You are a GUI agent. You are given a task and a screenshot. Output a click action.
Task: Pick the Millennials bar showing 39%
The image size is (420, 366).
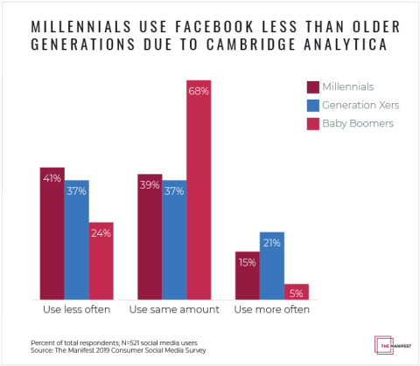click(150, 237)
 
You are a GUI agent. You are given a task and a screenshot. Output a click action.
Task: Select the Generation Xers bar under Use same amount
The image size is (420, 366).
click(174, 240)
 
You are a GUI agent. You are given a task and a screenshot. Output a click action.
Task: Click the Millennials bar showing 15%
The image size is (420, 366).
click(248, 275)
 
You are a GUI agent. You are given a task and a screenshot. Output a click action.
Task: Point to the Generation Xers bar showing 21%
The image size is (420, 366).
click(272, 266)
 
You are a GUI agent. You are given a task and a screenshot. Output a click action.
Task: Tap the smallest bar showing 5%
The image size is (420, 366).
click(297, 292)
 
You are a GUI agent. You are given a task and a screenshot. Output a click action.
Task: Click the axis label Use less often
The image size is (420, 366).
click(76, 310)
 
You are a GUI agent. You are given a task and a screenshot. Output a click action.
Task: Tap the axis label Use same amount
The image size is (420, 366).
click(174, 310)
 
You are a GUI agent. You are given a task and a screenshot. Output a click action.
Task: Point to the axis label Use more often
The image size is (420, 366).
click(272, 310)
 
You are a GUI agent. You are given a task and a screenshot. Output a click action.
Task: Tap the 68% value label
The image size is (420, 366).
click(199, 92)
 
